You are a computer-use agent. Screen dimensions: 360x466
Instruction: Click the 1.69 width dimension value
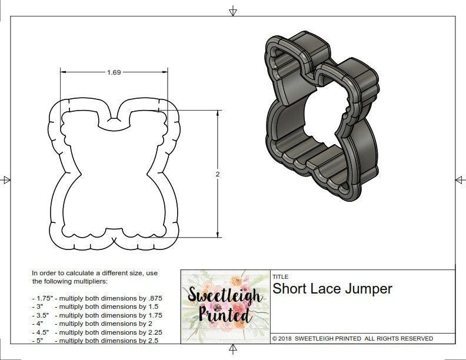coord(114,73)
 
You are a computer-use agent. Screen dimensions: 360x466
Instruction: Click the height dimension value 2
coord(218,174)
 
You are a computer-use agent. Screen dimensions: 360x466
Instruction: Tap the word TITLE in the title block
coord(280,276)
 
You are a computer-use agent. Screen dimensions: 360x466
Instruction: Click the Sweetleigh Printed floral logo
coord(224,305)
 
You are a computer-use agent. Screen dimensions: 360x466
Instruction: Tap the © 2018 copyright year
coord(285,339)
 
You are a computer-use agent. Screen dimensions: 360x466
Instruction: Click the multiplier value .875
coord(153,298)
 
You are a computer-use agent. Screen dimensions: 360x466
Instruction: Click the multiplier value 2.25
coord(152,332)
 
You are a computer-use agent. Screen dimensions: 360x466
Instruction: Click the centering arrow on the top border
coord(233,11)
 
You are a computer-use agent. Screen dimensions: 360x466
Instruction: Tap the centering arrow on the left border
coord(6,180)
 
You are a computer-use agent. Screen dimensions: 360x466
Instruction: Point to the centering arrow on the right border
coord(460,180)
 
